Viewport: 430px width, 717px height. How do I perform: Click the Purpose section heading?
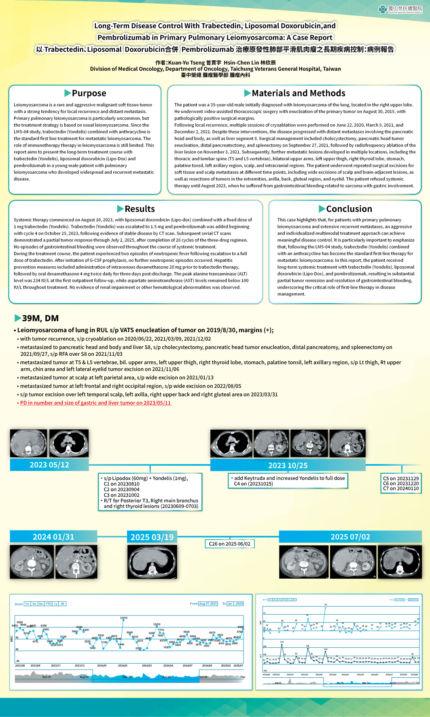click(x=85, y=93)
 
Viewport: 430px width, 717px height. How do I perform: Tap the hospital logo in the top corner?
click(x=400, y=9)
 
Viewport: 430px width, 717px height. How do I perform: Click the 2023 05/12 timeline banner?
click(x=49, y=465)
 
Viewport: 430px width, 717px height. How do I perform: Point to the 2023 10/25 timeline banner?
click(x=288, y=465)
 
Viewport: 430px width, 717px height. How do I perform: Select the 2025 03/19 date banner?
click(x=152, y=537)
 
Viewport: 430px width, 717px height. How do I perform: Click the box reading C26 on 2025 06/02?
click(x=229, y=544)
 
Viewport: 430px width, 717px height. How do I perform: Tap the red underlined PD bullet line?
click(x=95, y=403)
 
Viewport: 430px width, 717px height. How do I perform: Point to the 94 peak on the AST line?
click(x=325, y=607)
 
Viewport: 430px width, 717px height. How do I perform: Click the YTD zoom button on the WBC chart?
click(x=49, y=604)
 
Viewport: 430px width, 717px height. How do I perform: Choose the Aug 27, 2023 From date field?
click(x=208, y=604)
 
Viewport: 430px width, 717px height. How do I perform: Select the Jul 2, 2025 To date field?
click(x=235, y=604)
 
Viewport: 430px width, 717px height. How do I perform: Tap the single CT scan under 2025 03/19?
click(x=152, y=562)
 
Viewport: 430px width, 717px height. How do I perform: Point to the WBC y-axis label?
click(x=11, y=639)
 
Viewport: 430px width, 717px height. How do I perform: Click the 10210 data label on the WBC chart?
click(x=157, y=624)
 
